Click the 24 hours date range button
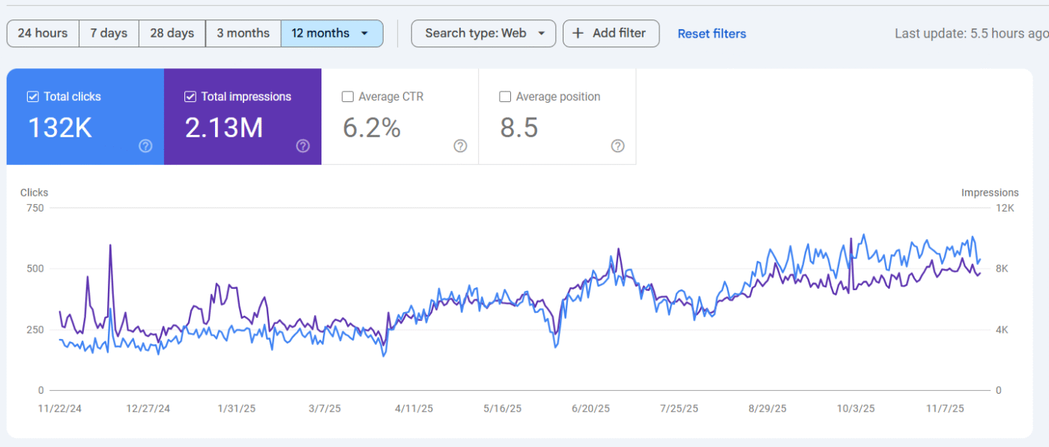(43, 33)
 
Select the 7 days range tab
(109, 33)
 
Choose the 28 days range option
(172, 33)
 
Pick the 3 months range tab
(243, 33)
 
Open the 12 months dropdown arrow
(364, 33)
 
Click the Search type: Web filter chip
(483, 33)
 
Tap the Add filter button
(611, 33)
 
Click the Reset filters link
(712, 34)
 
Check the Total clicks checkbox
(33, 97)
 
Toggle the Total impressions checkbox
(190, 97)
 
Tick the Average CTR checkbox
(348, 97)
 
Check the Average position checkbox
(505, 97)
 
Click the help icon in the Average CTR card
(461, 145)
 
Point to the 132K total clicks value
(60, 128)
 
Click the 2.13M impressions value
(224, 128)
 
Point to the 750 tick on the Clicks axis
(34, 208)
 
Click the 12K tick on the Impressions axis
(1005, 208)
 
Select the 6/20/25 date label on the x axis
(590, 409)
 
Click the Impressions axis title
(990, 193)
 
